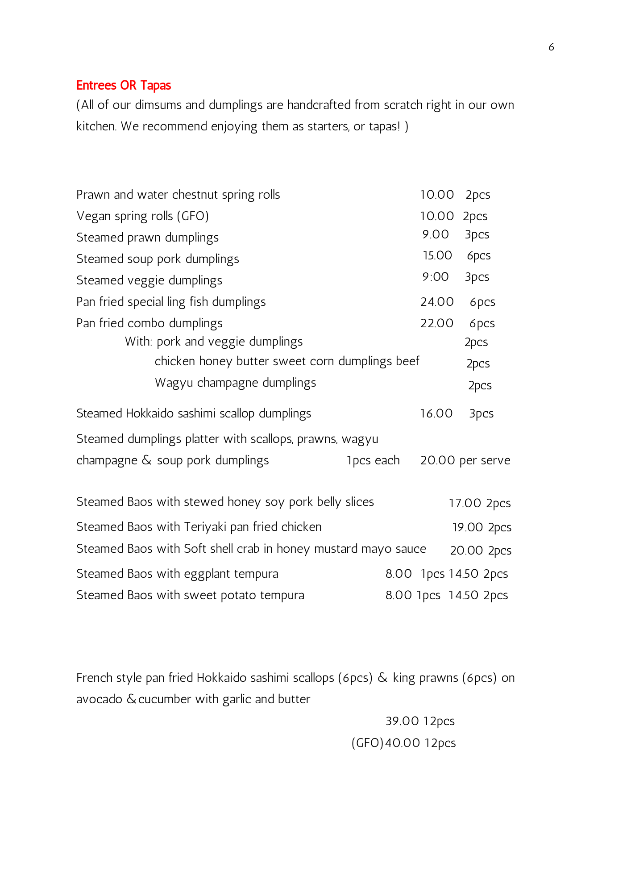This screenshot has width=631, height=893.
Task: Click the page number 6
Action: coord(551,47)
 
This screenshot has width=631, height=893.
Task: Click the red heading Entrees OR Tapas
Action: coord(124,85)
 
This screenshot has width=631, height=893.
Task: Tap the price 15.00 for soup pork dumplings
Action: coord(437,255)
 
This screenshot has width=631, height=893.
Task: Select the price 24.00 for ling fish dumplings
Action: coord(437,302)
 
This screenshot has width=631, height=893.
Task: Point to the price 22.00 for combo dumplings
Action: coord(436,323)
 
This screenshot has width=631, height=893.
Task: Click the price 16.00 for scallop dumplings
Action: coord(436,413)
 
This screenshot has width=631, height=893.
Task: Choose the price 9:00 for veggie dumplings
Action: coord(436,277)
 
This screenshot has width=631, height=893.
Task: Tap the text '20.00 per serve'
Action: coord(465,460)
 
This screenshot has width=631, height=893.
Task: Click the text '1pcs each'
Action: coord(373,460)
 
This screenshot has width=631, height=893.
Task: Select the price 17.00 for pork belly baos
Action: coord(465,503)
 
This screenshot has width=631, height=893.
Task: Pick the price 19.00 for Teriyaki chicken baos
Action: coord(467,527)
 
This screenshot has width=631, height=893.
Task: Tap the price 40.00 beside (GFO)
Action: coord(402,743)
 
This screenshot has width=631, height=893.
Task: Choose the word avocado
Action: coord(99,699)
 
